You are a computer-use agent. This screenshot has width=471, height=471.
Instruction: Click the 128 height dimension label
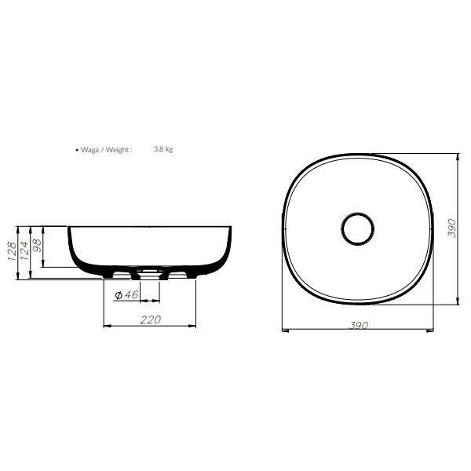[12, 251]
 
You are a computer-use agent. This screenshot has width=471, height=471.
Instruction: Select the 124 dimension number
[24, 250]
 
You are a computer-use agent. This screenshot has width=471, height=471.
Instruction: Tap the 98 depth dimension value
[37, 246]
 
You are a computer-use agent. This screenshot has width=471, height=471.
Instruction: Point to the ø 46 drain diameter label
[126, 295]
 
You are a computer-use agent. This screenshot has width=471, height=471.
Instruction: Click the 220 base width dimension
[150, 319]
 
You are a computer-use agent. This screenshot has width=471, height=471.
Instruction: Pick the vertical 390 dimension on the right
[452, 228]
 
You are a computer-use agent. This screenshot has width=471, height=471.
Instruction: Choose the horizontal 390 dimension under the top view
[359, 325]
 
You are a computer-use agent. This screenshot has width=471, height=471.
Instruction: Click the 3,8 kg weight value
[163, 149]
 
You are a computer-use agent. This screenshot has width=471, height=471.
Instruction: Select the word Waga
[89, 150]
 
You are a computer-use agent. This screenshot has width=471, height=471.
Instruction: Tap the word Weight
[118, 150]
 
